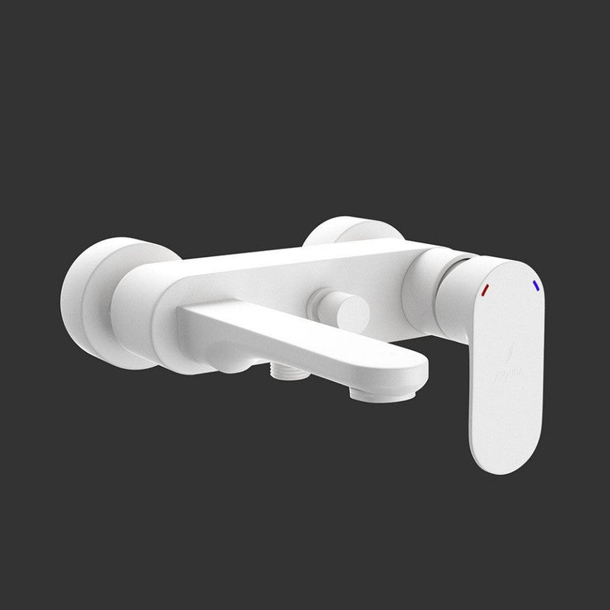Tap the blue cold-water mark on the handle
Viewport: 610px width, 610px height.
point(537,285)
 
